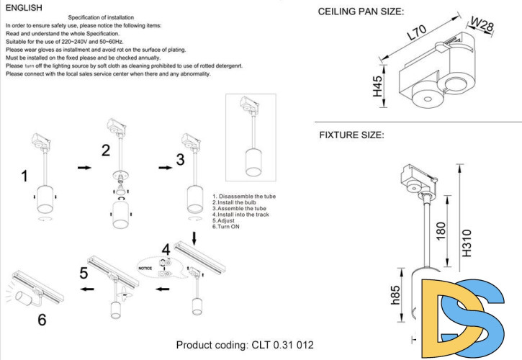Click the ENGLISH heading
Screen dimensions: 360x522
point(24,7)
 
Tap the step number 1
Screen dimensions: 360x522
point(25,176)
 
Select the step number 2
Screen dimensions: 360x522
point(106,150)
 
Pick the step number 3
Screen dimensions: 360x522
point(181,158)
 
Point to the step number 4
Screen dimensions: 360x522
point(166,250)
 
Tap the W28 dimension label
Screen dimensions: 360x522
point(482,26)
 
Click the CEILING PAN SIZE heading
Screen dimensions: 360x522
point(361,12)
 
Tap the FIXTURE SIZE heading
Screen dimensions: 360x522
point(351,135)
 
